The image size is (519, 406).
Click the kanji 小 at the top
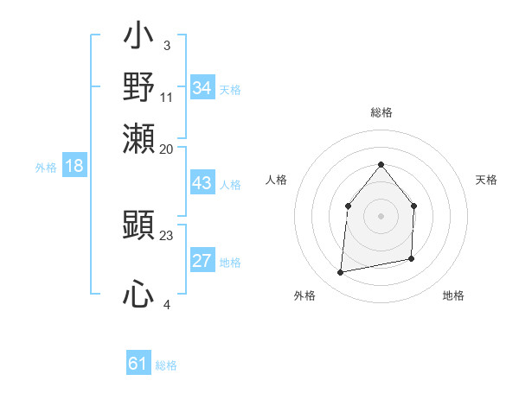click(139, 40)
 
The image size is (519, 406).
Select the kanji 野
click(139, 87)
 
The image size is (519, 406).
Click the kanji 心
click(139, 296)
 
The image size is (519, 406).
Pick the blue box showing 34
click(202, 87)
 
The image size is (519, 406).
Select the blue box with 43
click(202, 184)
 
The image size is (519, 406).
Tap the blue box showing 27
click(202, 262)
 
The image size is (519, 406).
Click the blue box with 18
click(74, 166)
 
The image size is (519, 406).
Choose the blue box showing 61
click(138, 364)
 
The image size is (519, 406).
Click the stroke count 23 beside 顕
click(167, 234)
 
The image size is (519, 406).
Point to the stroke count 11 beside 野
click(167, 98)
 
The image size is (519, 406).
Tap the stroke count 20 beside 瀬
click(167, 149)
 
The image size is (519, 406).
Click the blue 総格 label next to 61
click(166, 365)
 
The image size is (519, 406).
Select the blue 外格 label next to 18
click(46, 168)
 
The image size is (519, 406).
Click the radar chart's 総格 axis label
click(381, 112)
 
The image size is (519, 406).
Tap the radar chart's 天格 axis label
click(486, 180)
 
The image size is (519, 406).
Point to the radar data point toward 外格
click(341, 273)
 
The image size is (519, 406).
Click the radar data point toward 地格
click(411, 258)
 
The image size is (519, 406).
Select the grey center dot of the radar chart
click(381, 216)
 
